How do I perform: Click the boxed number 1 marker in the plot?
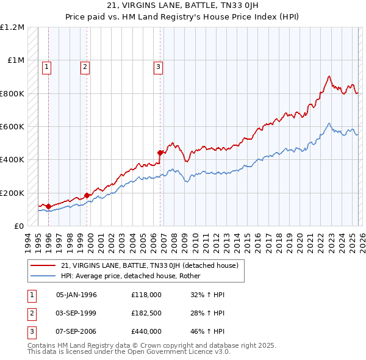point(47,67)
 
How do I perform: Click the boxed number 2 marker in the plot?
point(85,67)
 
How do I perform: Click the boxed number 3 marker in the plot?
point(158,67)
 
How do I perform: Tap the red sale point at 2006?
point(160,153)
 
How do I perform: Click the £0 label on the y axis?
point(19,226)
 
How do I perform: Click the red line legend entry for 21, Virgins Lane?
point(152,265)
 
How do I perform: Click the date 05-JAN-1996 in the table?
point(76,295)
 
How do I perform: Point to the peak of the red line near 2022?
point(329,76)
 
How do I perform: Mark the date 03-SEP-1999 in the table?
point(76,314)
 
